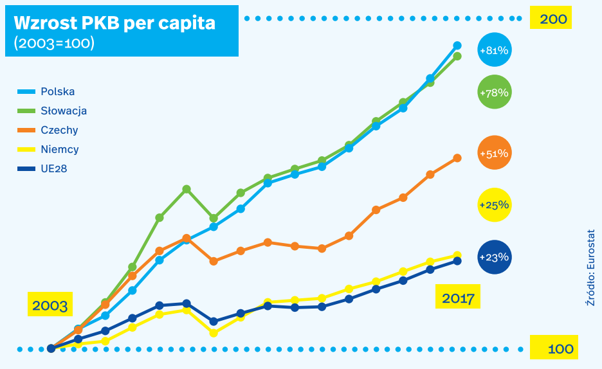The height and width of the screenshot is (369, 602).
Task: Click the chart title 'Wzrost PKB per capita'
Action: pos(114,23)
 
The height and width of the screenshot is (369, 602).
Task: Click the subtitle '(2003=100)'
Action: pos(54,43)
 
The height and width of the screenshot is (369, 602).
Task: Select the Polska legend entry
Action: pos(46,91)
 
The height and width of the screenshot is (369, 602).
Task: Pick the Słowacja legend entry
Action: pos(52,111)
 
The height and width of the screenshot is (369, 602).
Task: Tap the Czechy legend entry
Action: pos(48,130)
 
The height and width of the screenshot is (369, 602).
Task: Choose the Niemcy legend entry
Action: pos(48,149)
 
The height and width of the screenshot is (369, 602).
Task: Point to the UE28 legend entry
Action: pos(42,169)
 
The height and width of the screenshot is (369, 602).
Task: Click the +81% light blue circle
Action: pos(495,50)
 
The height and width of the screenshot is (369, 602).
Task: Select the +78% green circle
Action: pos(495,92)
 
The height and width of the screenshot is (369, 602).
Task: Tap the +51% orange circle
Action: pos(495,152)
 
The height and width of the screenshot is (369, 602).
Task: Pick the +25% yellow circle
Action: pos(495,205)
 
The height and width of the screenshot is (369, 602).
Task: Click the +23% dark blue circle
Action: pos(495,257)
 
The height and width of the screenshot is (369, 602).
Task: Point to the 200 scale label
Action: pos(551,17)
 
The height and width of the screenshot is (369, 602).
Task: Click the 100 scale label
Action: pos(554,348)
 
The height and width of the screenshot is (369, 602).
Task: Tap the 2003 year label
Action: pos(50,305)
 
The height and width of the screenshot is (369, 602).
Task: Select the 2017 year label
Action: pos(458,296)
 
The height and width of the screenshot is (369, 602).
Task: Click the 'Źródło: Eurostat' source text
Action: pos(590,267)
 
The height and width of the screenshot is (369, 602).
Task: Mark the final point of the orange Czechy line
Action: pos(457,158)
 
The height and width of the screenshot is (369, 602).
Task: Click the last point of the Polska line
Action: pos(457,46)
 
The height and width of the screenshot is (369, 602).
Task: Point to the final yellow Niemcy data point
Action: pos(457,255)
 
